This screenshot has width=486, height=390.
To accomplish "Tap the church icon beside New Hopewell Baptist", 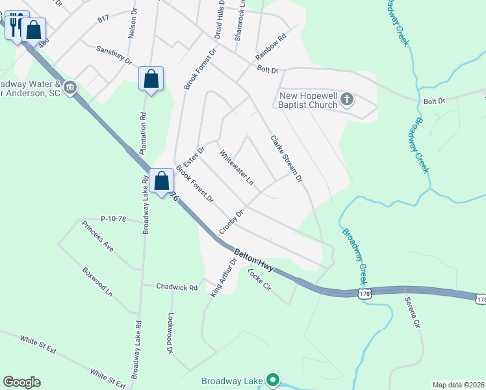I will pos(347,99).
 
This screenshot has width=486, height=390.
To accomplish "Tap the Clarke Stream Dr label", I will pos(287,158).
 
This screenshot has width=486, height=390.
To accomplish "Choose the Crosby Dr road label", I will pos(231,222).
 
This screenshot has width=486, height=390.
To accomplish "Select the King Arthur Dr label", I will pos(221,277).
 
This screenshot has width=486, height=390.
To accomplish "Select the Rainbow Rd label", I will pos(270,47).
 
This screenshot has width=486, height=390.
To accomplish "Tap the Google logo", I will pos(21,382).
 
